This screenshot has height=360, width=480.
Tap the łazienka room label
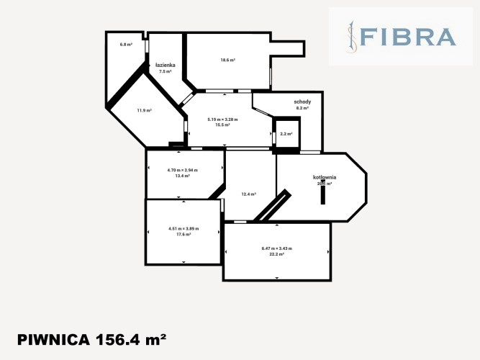(x=166, y=66)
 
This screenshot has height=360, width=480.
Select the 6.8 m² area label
(x=126, y=45)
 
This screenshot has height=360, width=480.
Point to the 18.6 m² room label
(x=228, y=60)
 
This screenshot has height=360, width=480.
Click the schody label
(x=302, y=102)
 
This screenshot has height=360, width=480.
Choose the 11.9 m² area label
(x=144, y=110)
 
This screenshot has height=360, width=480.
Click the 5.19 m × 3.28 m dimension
(x=222, y=120)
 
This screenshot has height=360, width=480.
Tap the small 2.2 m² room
(x=286, y=134)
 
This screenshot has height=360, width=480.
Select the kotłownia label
(x=325, y=177)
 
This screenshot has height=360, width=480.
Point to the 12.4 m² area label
(x=248, y=194)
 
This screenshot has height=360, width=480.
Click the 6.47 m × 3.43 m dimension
(x=276, y=248)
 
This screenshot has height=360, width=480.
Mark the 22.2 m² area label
(x=276, y=254)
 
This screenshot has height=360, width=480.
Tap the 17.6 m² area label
(x=183, y=234)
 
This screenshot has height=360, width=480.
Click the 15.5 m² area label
(x=222, y=125)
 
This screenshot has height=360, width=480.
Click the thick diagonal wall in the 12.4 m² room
(x=272, y=207)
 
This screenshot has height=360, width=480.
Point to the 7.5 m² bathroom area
(x=166, y=72)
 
